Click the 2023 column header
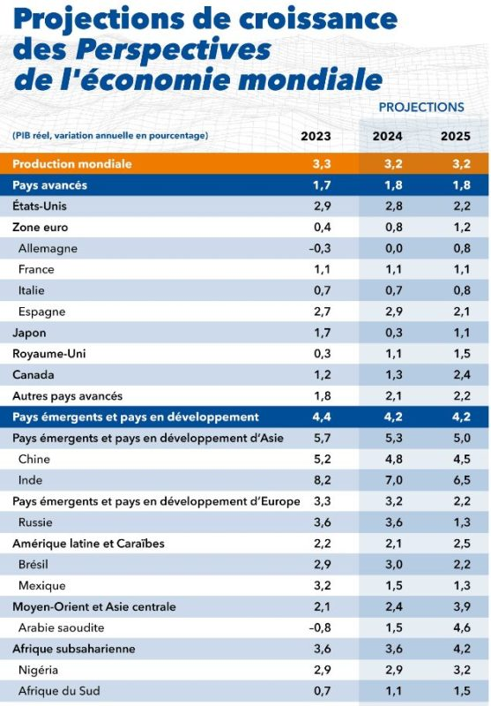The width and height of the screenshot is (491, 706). coord(316,136)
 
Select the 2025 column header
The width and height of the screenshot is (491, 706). coord(456,136)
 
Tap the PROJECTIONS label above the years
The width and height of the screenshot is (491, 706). coord(421,107)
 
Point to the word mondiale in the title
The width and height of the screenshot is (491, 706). coord(310,79)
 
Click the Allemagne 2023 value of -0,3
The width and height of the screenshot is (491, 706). coord(320,248)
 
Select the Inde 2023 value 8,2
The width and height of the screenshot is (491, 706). coord(323,480)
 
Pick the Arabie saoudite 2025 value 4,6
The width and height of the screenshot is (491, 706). coord(462,627)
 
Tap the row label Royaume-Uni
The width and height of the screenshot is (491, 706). coord(49,354)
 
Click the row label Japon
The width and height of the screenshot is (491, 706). coord(29,334)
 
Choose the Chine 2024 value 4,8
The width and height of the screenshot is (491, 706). coord(393,459)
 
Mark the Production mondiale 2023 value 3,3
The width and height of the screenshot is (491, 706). coord(322,163)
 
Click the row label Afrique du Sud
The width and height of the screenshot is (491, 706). coord(59,691)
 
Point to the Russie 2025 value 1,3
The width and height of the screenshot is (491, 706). coord(462,522)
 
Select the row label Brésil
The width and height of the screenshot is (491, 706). coord(33,564)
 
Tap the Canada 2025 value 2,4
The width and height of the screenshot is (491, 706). coord(462,374)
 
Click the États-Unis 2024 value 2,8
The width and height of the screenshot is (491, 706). coord(393,206)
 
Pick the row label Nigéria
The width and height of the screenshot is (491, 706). coord(38,670)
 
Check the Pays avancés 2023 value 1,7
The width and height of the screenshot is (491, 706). coord(322,184)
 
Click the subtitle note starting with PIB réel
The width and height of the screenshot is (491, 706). coord(110,135)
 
